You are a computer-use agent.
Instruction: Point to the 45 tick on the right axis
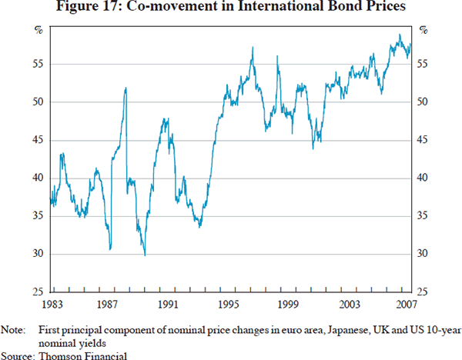point(423,140)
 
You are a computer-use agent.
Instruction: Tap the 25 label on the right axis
point(423,292)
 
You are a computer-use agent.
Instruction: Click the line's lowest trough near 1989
point(144,255)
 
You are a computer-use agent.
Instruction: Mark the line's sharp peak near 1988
point(126,88)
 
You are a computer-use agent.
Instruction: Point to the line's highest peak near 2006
point(399,35)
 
